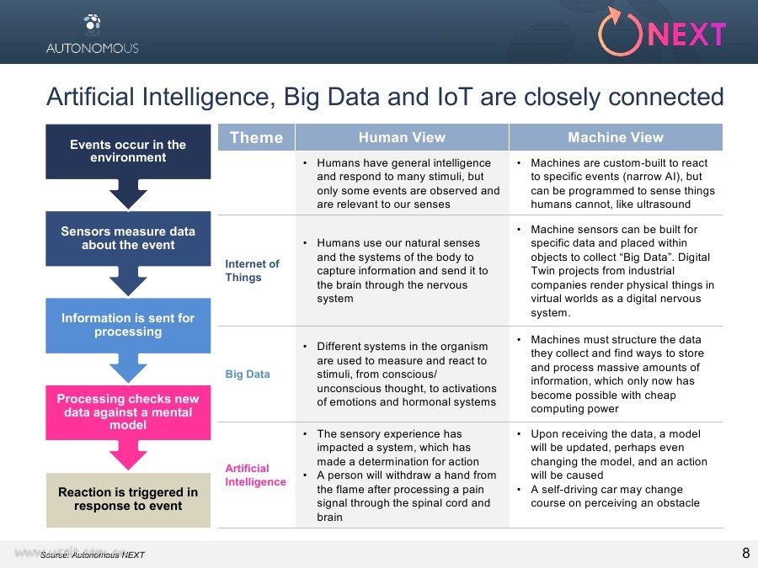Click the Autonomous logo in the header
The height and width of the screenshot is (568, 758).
click(92, 33)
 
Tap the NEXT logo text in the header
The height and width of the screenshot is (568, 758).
click(687, 35)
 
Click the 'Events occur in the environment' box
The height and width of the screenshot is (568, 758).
click(128, 151)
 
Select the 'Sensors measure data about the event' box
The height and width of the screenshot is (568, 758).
click(128, 238)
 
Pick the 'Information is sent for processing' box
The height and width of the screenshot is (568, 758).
click(128, 325)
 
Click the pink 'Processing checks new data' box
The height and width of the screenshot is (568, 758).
click(128, 412)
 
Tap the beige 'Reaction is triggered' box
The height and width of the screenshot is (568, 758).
click(128, 499)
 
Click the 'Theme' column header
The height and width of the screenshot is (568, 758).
click(256, 138)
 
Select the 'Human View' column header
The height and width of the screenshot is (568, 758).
click(402, 138)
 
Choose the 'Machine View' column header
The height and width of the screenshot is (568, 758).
click(616, 138)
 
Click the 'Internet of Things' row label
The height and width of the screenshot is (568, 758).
click(252, 271)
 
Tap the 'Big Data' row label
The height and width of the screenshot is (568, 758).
click(248, 374)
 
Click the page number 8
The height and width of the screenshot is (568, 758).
click(745, 553)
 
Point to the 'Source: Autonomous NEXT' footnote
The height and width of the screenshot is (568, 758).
click(93, 555)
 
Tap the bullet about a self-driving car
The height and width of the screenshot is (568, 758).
click(614, 496)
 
